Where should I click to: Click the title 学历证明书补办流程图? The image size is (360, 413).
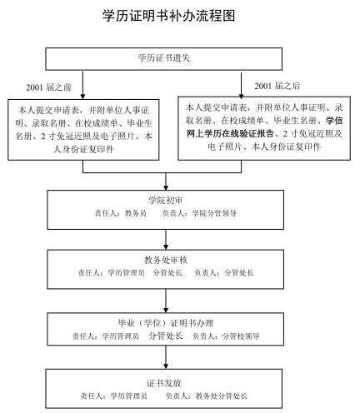[169, 16]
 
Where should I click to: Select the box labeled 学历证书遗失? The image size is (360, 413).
[164, 59]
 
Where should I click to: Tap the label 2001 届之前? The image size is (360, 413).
[49, 87]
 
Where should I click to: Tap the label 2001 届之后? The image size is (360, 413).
[277, 86]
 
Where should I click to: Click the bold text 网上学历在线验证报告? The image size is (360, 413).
[230, 134]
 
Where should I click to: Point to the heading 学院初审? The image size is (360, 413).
[166, 200]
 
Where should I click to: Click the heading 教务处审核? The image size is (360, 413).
[166, 260]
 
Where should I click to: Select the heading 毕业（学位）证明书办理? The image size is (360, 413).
[166, 323]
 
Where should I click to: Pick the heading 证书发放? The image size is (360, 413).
[164, 383]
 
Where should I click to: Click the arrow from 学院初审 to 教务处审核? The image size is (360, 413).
[166, 240]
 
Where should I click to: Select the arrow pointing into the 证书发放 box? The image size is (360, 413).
[166, 357]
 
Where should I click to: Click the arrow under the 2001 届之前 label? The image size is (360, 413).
[82, 85]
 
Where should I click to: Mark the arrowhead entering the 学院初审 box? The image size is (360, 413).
[166, 187]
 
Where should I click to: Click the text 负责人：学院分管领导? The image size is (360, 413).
[199, 213]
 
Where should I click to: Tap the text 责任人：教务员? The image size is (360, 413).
[121, 213]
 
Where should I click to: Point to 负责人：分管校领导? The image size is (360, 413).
[226, 336]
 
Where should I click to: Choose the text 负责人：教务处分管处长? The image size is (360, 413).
[207, 396]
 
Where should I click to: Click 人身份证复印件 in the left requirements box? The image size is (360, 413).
[83, 150]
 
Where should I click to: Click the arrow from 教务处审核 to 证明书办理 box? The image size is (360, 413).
[166, 301]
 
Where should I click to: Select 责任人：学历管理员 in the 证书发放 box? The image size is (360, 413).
[113, 396]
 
